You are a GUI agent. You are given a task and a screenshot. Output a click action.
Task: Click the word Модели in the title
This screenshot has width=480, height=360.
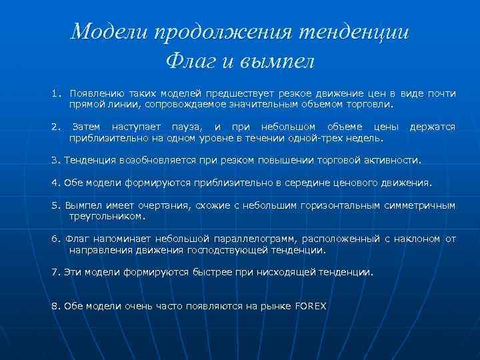click(110, 31)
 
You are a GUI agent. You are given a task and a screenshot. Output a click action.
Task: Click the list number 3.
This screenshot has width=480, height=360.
click(54, 161)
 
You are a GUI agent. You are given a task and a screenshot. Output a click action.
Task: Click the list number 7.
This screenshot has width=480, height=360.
click(54, 272)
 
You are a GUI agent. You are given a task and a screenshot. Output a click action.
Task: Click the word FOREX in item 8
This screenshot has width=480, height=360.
click(311, 306)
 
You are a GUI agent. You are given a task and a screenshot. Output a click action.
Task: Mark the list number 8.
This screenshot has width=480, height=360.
click(54, 306)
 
